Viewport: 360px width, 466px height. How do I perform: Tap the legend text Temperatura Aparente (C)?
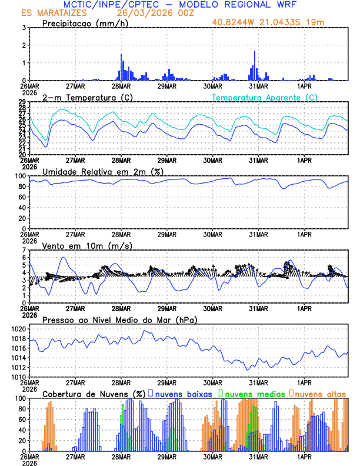coord(264,97)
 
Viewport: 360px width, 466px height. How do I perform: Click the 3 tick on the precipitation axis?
coord(24,28)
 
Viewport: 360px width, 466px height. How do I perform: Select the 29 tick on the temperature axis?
coord(22,102)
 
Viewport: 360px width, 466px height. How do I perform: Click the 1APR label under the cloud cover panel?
coord(304,455)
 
